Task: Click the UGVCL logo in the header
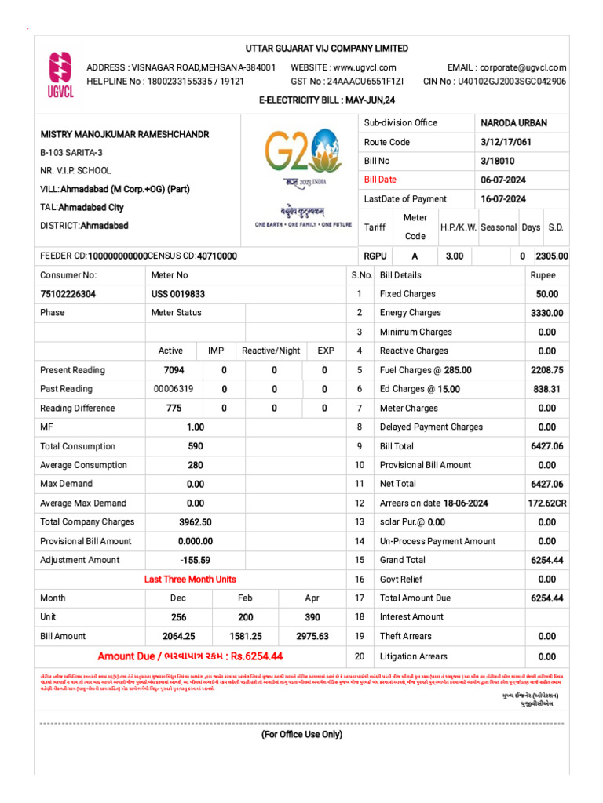click(60, 76)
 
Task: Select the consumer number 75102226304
click(68, 294)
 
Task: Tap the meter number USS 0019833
click(178, 294)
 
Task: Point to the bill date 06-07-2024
click(503, 180)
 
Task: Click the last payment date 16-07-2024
click(503, 199)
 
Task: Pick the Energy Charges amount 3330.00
click(546, 313)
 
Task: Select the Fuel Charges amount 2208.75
click(546, 370)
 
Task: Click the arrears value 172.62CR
click(546, 503)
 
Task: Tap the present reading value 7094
click(174, 370)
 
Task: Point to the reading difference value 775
click(174, 408)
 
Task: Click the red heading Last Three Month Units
click(190, 580)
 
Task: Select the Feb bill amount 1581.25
click(245, 636)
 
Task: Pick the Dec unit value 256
click(179, 617)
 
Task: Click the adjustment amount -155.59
click(195, 560)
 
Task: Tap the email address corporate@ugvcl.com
click(506, 67)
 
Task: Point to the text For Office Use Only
click(302, 735)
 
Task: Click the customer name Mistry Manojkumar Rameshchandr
click(125, 134)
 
